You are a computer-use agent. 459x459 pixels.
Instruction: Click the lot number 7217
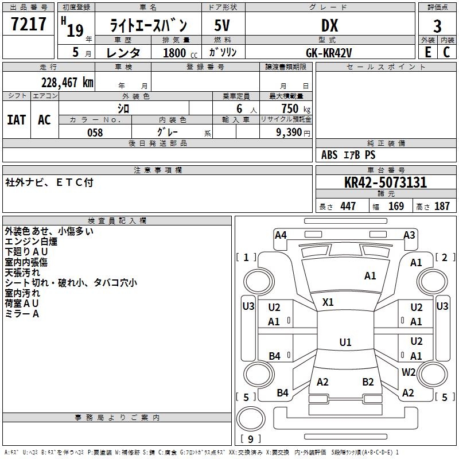(x=28, y=25)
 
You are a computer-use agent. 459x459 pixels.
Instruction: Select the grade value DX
(x=329, y=25)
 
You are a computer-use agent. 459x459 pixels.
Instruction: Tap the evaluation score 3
(x=437, y=26)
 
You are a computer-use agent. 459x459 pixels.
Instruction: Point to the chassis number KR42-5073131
(x=386, y=183)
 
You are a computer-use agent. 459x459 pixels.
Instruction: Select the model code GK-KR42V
(x=329, y=53)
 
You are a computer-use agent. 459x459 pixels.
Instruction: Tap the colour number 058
(x=95, y=133)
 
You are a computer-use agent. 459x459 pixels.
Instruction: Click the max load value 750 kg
(x=289, y=108)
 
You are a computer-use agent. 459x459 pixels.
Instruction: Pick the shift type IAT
(x=17, y=120)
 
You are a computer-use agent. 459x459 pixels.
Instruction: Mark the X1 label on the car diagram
(x=328, y=302)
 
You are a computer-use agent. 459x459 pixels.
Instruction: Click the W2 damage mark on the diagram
(x=409, y=372)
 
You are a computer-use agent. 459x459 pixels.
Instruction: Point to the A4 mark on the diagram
(x=281, y=235)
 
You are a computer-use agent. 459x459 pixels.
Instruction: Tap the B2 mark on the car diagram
(x=368, y=382)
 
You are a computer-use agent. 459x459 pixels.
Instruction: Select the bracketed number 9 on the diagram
(x=251, y=439)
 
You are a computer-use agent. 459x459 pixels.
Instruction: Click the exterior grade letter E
(x=427, y=53)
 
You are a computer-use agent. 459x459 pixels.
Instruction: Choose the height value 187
(x=442, y=207)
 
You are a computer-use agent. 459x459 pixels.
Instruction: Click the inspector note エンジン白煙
(x=31, y=242)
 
